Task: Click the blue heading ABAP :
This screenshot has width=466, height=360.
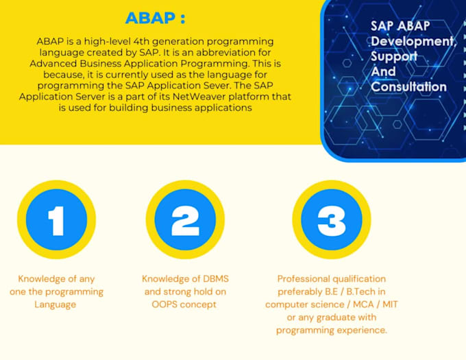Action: click(x=155, y=18)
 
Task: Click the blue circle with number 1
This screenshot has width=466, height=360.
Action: click(x=56, y=219)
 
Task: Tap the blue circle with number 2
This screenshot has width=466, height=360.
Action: click(x=185, y=219)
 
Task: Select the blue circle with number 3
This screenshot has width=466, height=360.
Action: click(x=332, y=219)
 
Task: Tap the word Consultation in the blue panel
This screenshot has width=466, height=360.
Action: click(x=408, y=87)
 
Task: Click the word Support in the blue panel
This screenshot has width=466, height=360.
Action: click(x=394, y=56)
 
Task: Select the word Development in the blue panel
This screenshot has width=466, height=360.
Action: click(x=413, y=41)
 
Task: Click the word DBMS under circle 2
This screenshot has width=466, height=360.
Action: click(x=216, y=279)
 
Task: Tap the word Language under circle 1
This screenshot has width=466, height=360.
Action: click(x=56, y=304)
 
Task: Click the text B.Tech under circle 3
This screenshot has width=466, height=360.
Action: click(x=360, y=291)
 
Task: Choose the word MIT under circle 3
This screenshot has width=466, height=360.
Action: click(x=390, y=304)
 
